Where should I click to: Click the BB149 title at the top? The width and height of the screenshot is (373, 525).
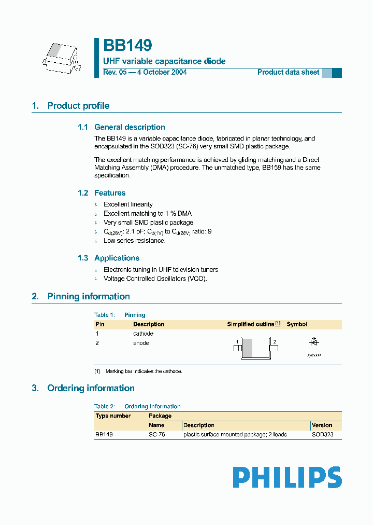[x=127, y=46]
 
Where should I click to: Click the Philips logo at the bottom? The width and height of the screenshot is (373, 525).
[x=287, y=477]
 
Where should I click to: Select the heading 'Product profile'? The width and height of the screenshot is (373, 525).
[x=78, y=106]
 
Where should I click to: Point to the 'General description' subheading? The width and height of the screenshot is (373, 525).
[x=130, y=127]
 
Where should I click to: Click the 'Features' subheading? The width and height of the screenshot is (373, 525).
[x=110, y=193]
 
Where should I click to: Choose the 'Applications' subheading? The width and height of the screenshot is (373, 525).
[x=117, y=258]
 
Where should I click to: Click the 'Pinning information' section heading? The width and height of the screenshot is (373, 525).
[x=89, y=297]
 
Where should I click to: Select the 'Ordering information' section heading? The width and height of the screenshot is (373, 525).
[x=91, y=388]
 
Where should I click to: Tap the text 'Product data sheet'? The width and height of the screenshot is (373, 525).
[x=288, y=72]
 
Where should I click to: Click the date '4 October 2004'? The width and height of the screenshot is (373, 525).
[x=162, y=72]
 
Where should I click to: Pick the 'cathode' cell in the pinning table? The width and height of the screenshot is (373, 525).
[x=143, y=334]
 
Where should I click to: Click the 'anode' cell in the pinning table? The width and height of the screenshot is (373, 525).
[x=141, y=343]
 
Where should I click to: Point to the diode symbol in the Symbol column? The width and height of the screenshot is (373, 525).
[x=313, y=342]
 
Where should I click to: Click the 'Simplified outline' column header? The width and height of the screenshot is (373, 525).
[x=251, y=324]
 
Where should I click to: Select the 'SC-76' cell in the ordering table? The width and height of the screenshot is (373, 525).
[x=156, y=435]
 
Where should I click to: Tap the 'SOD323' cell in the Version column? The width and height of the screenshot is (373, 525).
[x=322, y=435]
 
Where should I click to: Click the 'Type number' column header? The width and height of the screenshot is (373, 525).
[x=113, y=416]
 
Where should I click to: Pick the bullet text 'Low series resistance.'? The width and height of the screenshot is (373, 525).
[x=135, y=241]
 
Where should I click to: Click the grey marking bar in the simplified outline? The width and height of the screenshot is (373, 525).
[x=248, y=348]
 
